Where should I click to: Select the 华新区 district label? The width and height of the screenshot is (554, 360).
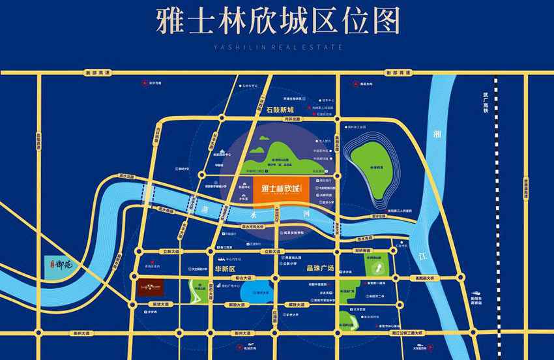(224, 268)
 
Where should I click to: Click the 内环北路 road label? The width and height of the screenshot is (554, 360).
(300, 119)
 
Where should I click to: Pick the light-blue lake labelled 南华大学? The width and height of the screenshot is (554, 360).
(246, 293)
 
